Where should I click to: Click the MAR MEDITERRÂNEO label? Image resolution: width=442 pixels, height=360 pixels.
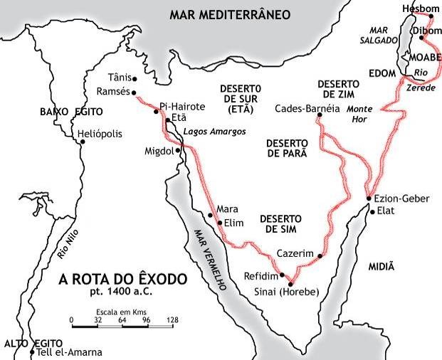(x=221, y=14)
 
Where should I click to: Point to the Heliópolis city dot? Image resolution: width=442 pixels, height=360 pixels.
(x=83, y=142)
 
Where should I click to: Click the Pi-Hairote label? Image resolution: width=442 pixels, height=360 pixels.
(x=182, y=105)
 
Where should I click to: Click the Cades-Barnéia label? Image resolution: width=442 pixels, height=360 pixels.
(x=307, y=109)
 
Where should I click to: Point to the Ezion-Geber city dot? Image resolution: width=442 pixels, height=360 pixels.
(x=368, y=198)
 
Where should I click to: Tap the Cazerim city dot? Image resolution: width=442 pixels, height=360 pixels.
(x=320, y=256)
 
